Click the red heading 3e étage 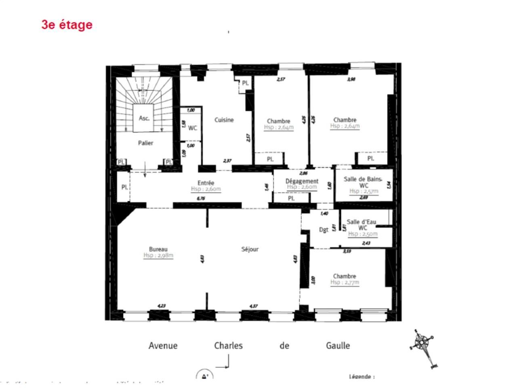(x=67, y=25)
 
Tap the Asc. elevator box (x=144, y=118)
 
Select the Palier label (x=145, y=143)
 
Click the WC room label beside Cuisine (x=193, y=128)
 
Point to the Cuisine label (x=224, y=120)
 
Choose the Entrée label (x=206, y=183)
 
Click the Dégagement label (x=302, y=181)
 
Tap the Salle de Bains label (x=362, y=179)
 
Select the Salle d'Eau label (x=361, y=222)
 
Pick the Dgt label (x=324, y=230)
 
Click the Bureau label (x=158, y=249)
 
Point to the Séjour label (x=250, y=249)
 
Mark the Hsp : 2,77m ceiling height (x=345, y=283)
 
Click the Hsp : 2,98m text (x=158, y=255)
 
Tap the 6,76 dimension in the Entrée (x=201, y=198)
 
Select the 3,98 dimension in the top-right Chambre (x=351, y=79)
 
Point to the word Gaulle (x=338, y=346)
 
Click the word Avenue (x=163, y=346)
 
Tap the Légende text (x=361, y=377)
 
